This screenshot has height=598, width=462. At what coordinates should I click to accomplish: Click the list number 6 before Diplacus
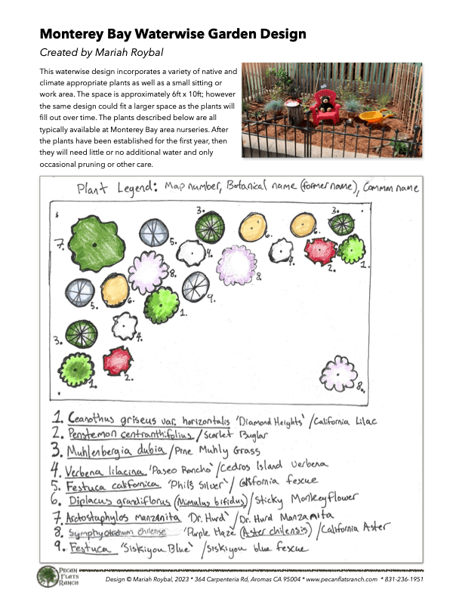[x=57, y=501]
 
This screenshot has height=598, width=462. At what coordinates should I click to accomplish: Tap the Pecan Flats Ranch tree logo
[x=47, y=577]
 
